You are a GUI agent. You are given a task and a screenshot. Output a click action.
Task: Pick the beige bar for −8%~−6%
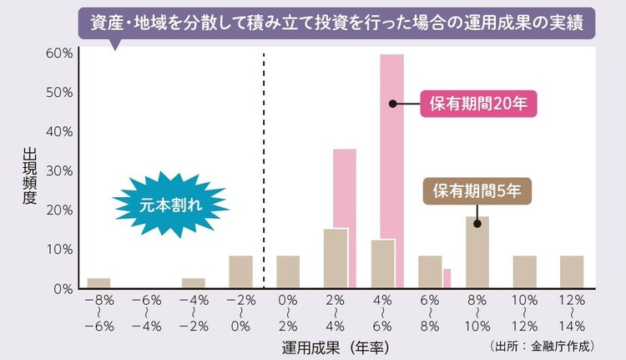pos(98,283)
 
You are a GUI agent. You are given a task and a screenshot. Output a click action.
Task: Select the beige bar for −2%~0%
pos(240,271)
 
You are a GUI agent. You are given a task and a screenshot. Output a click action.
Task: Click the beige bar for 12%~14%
pos(572,271)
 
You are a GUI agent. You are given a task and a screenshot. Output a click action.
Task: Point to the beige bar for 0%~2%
pos(288,271)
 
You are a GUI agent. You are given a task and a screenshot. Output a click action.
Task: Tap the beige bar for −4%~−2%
pos(194,283)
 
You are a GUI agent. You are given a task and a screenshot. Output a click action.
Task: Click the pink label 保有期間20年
pos(477,104)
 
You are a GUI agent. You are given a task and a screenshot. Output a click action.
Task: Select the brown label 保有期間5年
pos(477,191)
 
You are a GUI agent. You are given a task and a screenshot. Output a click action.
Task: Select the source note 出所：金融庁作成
pos(544,343)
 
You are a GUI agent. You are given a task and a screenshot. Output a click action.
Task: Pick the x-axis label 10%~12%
pos(524,312)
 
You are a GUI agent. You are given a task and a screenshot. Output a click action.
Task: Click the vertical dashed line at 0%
pos(264,167)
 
